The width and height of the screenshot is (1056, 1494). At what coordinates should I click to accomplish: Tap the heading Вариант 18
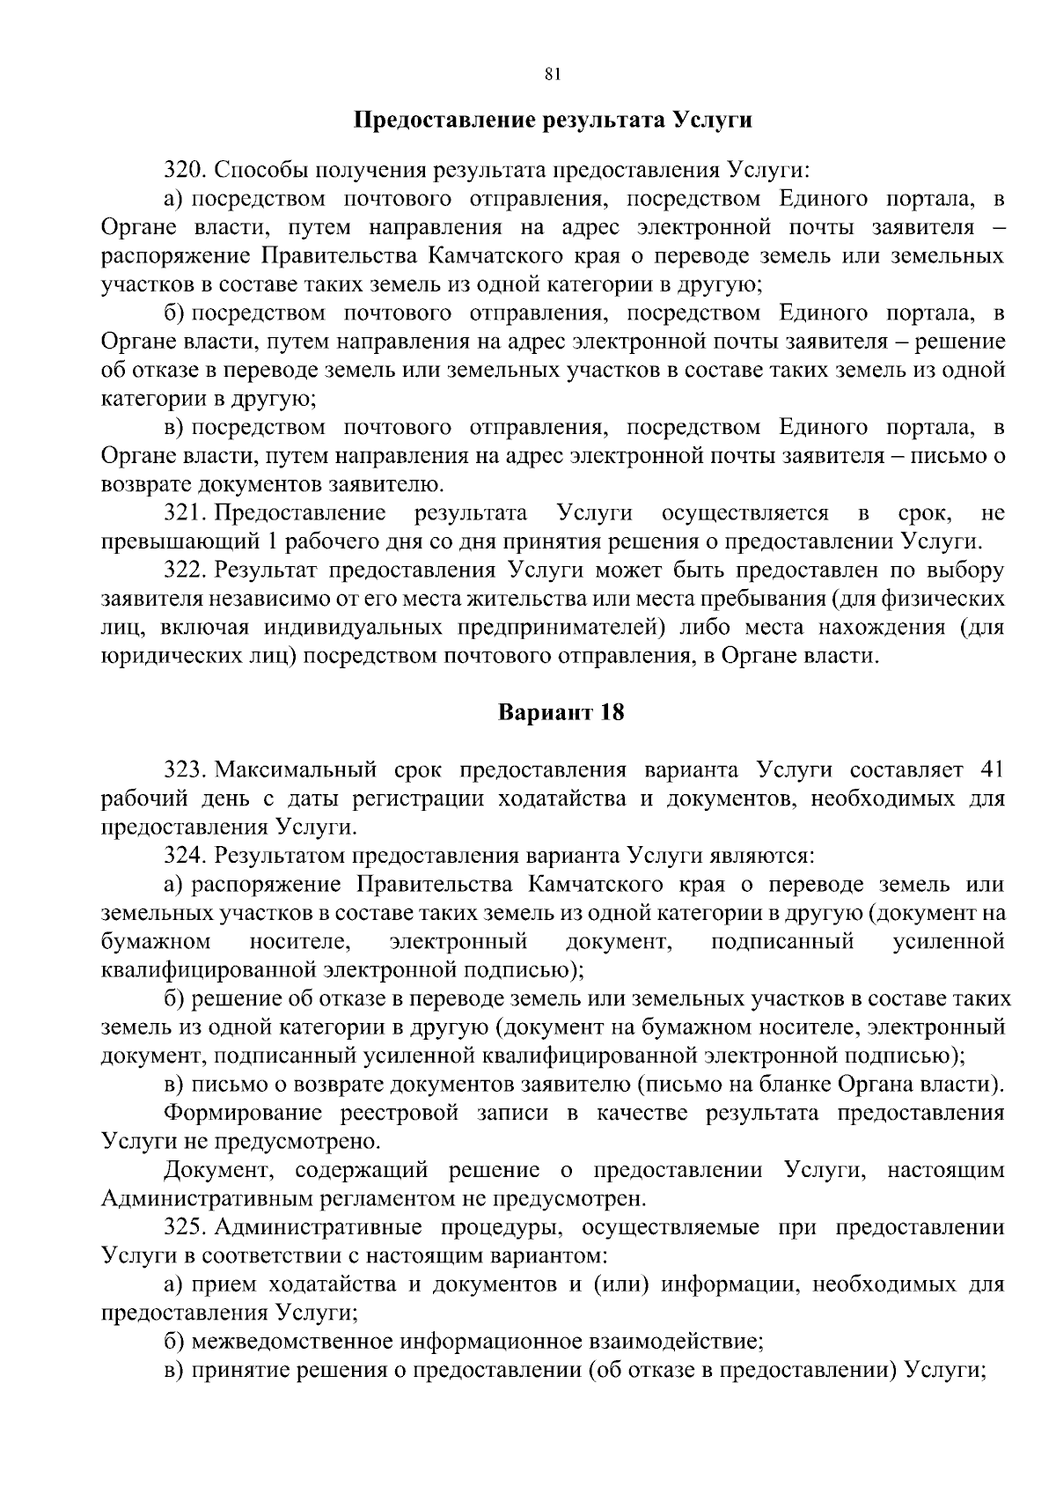561,712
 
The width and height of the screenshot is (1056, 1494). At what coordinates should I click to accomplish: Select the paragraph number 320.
186,169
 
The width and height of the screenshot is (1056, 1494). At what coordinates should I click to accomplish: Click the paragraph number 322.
186,570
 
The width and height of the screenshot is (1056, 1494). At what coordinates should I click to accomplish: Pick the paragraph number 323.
186,770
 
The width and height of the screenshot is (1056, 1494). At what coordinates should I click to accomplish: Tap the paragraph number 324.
186,856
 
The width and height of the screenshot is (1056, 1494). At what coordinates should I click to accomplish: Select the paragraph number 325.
186,1227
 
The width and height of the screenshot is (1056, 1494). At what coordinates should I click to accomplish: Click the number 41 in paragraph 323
992,770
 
